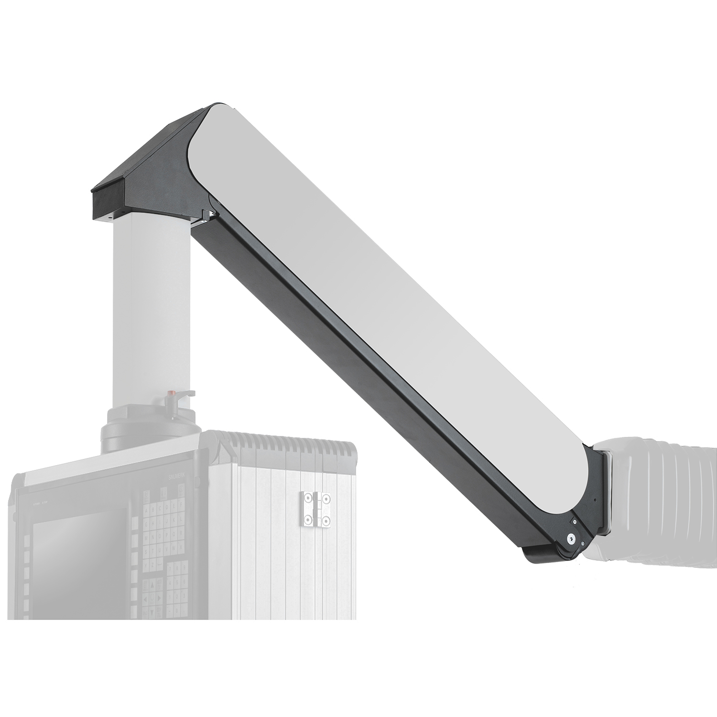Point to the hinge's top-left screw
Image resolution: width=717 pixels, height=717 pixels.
(306, 499)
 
